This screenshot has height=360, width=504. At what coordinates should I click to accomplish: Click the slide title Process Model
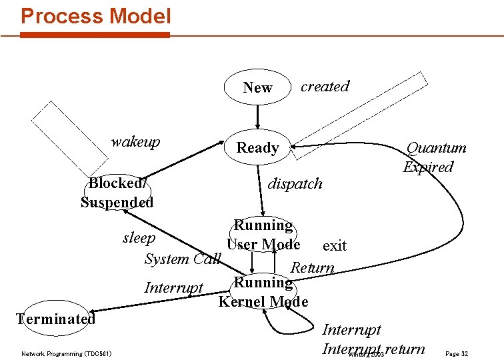(x=96, y=16)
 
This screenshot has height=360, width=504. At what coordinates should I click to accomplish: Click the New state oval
(x=257, y=87)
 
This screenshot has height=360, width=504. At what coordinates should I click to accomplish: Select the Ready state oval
(x=257, y=147)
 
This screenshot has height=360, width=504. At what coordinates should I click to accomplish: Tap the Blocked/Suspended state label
(x=117, y=193)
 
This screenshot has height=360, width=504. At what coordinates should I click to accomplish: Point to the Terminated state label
(x=57, y=318)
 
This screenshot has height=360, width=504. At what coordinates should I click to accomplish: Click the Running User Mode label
(x=263, y=235)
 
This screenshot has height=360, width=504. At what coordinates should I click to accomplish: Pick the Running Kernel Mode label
(x=263, y=292)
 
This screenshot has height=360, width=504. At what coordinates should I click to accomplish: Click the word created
(x=325, y=86)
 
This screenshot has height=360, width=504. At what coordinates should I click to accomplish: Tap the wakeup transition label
(x=135, y=141)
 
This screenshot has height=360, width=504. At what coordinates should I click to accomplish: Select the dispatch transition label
(x=295, y=183)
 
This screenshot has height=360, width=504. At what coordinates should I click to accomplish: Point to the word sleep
(x=139, y=238)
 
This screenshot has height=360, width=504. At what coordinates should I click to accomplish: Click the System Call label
(x=182, y=258)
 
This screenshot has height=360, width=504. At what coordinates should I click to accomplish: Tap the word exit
(x=334, y=245)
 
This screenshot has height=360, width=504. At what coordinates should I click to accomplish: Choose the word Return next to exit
(x=313, y=267)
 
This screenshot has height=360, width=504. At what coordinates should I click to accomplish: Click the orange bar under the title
(x=95, y=35)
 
